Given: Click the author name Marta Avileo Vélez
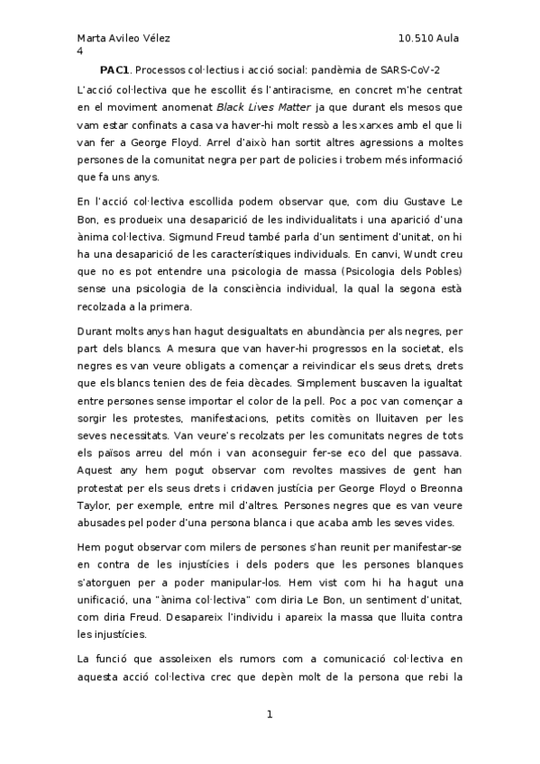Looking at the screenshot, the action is click(x=124, y=40).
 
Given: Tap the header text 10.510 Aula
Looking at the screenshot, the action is click(x=428, y=40).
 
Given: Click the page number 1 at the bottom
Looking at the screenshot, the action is click(x=270, y=715).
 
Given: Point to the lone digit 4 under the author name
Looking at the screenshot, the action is click(x=79, y=52).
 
